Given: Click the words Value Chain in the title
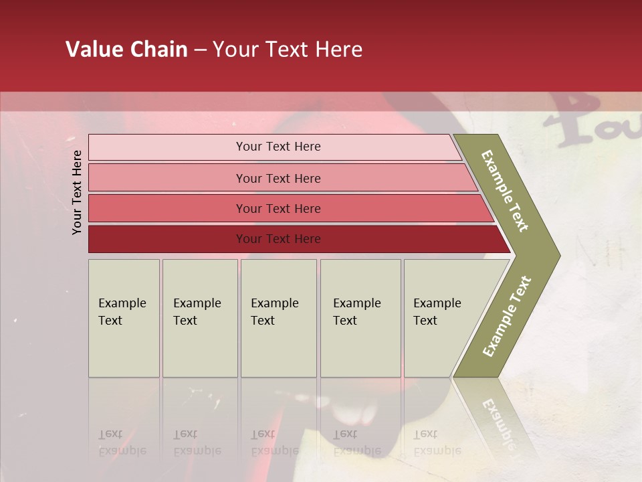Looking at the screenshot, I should coord(126,50).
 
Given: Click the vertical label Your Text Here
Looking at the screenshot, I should coord(77,192).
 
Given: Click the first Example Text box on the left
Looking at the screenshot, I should coord(124,318).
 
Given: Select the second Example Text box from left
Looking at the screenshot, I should coord(200,318).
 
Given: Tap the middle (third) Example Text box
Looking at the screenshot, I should coord(278,318).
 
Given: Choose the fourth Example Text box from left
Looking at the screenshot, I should coord(360,318).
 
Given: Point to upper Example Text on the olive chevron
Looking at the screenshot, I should coord(505,191).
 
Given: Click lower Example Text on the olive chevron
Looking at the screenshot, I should coord(507,316).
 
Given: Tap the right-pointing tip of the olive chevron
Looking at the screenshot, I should coord(556,255).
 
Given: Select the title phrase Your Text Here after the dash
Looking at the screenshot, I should coord(288,50).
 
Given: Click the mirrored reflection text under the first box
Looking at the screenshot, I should coord(122,443).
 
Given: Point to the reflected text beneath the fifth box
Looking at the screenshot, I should coord(437,443).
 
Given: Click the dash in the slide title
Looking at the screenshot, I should coord(200,50).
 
